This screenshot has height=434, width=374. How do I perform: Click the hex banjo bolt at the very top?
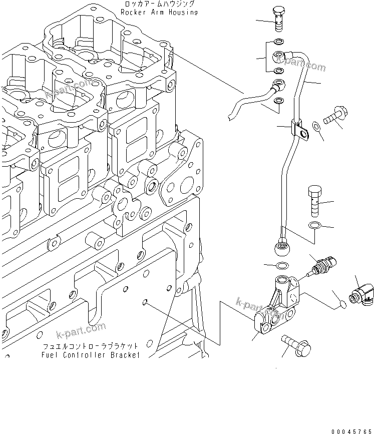click(x=277, y=18)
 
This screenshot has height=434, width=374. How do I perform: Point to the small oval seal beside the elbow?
click(x=342, y=302)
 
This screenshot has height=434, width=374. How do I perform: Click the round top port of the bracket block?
click(x=284, y=282)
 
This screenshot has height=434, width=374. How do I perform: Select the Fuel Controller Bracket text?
click(x=91, y=355)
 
